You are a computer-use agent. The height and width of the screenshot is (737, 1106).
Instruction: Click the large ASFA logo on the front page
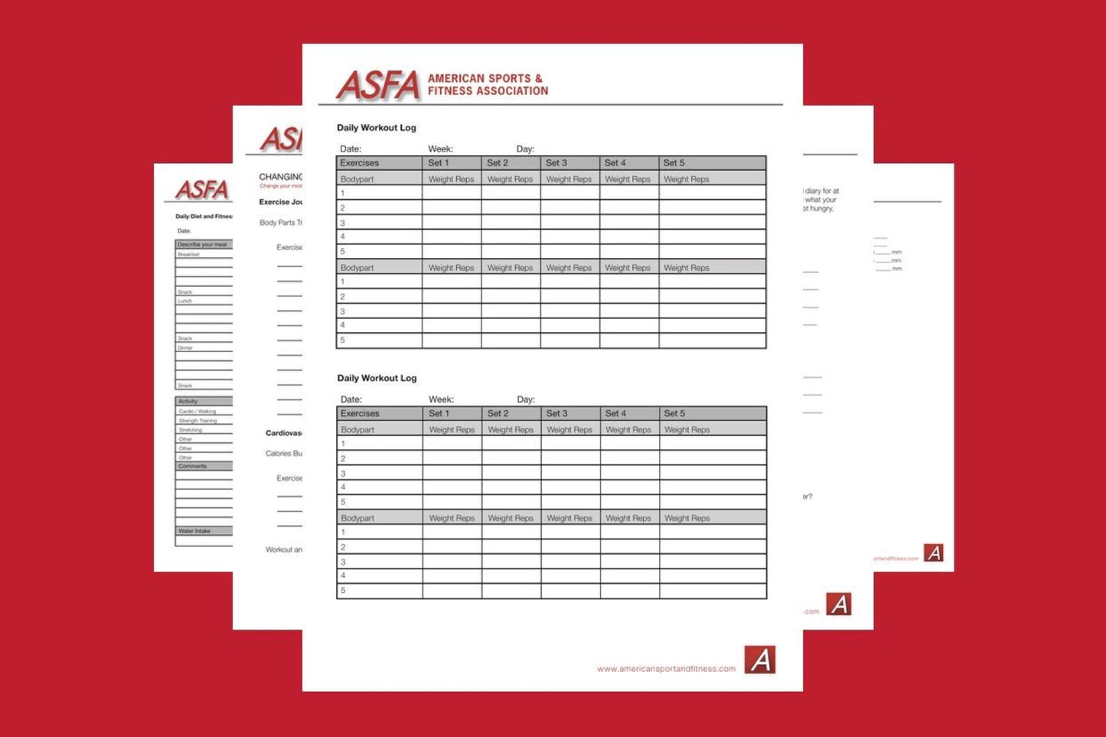click(378, 85)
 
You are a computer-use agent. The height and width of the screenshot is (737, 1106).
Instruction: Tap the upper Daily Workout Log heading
click(377, 128)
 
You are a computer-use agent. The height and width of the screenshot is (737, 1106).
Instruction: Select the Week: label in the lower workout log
click(441, 399)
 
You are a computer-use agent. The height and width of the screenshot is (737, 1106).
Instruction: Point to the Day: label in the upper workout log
click(525, 149)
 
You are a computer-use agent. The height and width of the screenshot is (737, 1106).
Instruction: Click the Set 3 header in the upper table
click(556, 163)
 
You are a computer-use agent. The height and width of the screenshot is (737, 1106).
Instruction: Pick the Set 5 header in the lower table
click(674, 413)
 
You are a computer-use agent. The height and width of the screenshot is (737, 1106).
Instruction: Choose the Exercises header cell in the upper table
click(360, 163)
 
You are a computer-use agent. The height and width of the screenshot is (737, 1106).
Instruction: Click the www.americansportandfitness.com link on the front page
click(666, 669)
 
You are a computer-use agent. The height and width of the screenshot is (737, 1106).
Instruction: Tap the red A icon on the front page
click(760, 660)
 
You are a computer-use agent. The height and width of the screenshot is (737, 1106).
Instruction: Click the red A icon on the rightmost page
click(933, 553)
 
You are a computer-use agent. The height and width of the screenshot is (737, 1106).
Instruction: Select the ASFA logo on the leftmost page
click(202, 190)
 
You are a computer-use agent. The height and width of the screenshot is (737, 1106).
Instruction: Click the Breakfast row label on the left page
click(188, 254)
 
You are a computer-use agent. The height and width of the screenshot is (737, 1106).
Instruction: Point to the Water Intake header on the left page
click(194, 530)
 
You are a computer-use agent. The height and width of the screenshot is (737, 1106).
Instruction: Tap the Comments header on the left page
click(193, 466)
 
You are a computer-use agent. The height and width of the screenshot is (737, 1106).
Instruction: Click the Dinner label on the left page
click(185, 348)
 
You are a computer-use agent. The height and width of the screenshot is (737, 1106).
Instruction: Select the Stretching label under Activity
click(191, 430)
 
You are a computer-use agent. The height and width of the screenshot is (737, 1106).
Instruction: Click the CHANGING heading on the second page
click(281, 177)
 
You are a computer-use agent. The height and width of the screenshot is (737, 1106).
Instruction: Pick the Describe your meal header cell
click(202, 245)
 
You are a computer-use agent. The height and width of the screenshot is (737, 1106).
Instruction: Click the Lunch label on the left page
click(185, 301)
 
